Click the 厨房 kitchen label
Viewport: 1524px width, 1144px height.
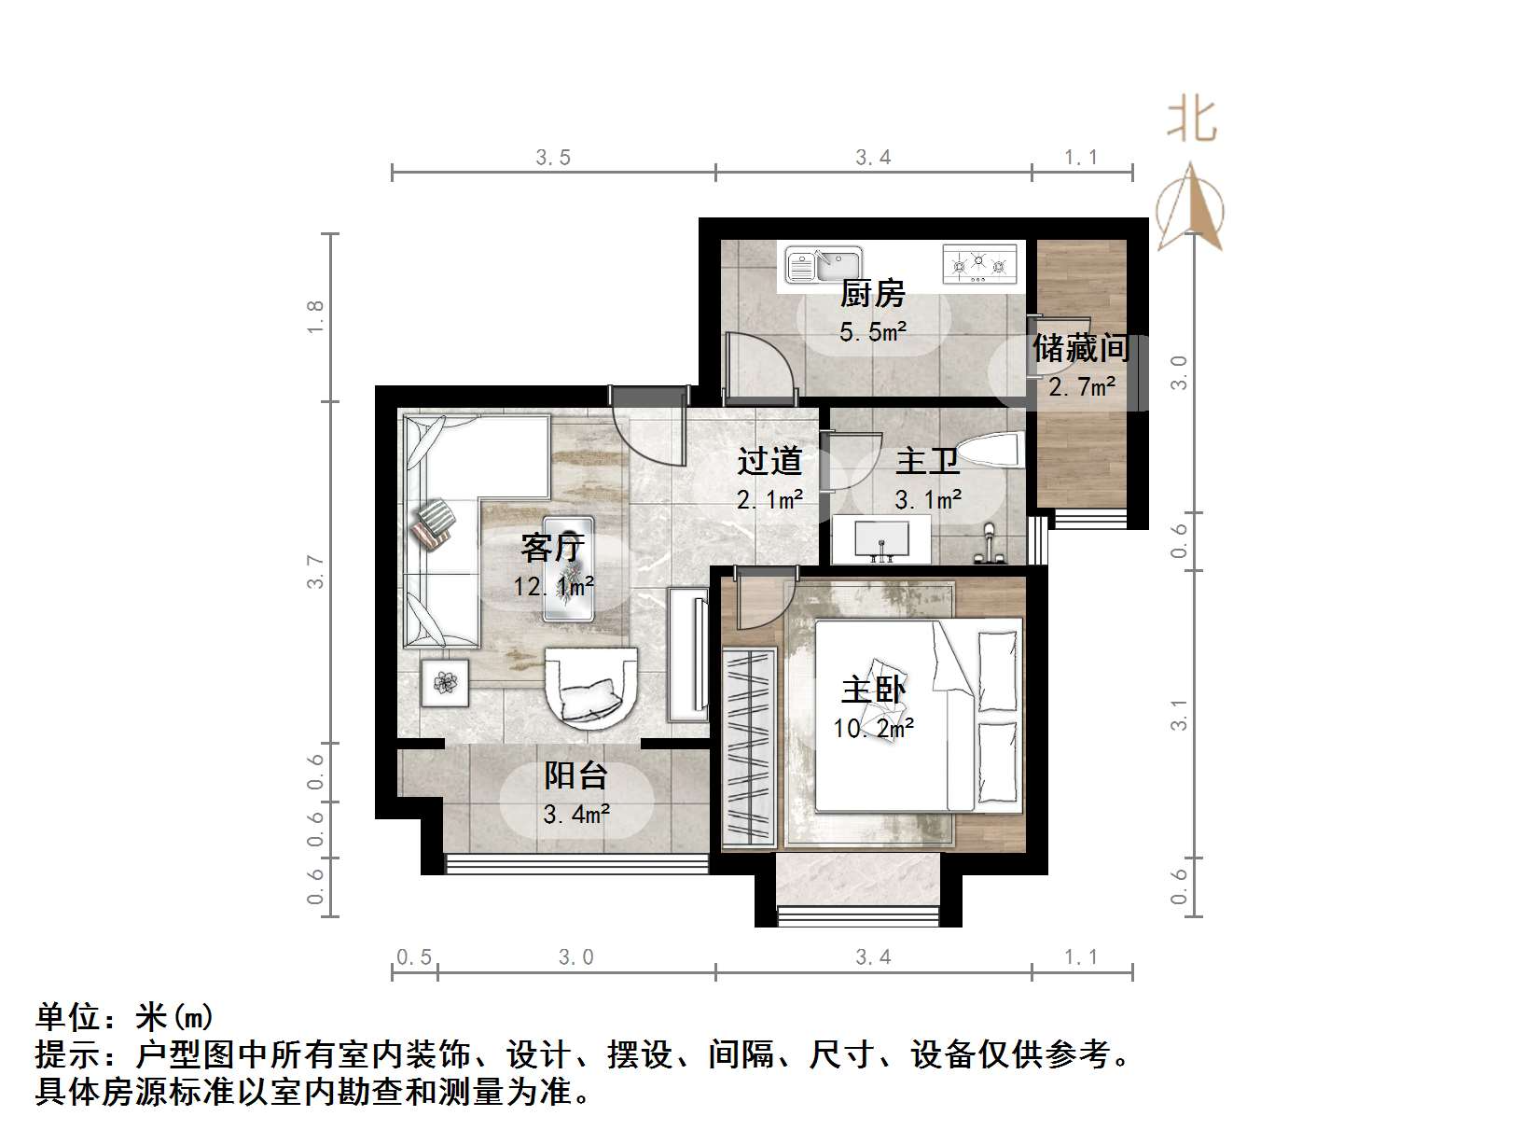click(873, 294)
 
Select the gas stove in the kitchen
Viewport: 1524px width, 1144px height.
click(978, 263)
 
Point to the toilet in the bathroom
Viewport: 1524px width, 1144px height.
click(991, 452)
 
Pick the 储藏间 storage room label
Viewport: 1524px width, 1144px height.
click(1081, 348)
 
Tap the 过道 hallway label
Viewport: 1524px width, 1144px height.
click(769, 461)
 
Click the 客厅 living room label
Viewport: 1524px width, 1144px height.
click(552, 547)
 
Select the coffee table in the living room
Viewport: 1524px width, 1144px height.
click(569, 567)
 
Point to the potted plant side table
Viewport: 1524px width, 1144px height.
click(446, 682)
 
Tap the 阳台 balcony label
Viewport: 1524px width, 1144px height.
click(575, 775)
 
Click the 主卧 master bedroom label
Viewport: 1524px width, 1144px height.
click(873, 690)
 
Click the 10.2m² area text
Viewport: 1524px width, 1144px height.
click(873, 728)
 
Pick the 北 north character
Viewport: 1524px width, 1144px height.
click(1192, 120)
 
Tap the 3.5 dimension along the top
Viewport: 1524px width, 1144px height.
click(553, 158)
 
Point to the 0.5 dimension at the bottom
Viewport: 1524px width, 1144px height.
click(414, 957)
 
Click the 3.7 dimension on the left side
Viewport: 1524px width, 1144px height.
click(316, 571)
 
